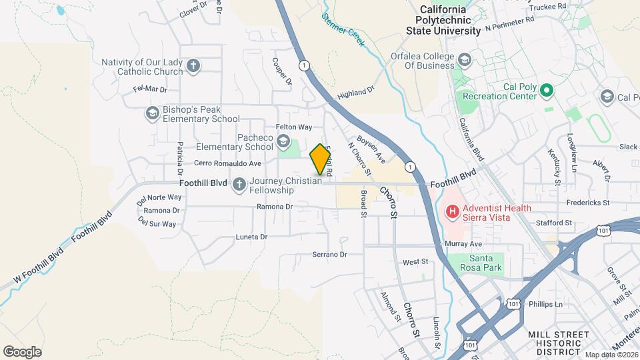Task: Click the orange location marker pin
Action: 321,159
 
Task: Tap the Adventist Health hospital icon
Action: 453,213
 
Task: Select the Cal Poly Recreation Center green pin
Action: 547,89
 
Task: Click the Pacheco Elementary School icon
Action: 284,141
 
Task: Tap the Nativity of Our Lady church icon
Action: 193,66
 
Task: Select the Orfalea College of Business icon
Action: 464,61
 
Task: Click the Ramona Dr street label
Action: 275,207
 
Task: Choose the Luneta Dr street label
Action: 251,237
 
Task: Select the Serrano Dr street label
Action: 330,254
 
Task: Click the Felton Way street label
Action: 294,127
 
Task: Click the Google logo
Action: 23,351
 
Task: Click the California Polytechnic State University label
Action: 445,20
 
